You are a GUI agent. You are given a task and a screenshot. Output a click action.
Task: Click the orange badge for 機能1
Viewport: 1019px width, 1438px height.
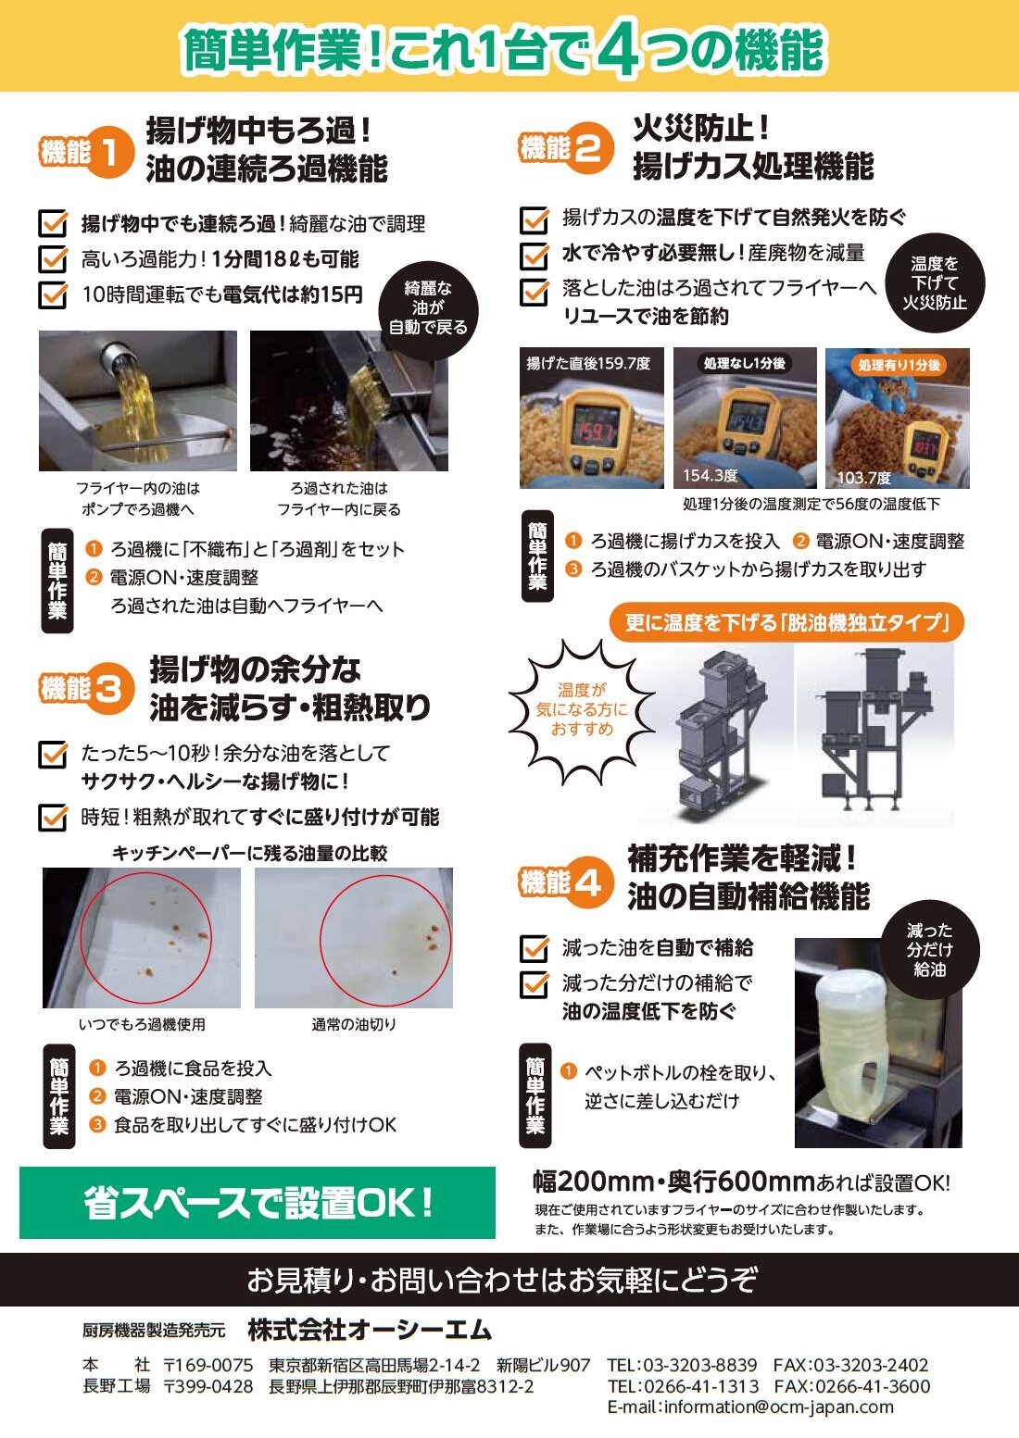pyautogui.click(x=88, y=153)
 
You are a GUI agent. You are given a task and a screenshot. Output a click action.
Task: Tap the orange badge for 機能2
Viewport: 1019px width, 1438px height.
pyautogui.click(x=567, y=148)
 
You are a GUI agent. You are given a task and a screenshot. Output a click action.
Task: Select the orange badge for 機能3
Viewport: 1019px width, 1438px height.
pyautogui.click(x=88, y=689)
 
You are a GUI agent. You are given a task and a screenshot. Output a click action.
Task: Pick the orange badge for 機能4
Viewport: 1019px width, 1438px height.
pyautogui.click(x=567, y=883)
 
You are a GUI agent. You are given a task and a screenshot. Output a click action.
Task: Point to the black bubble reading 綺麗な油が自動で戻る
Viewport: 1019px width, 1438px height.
pyautogui.click(x=428, y=308)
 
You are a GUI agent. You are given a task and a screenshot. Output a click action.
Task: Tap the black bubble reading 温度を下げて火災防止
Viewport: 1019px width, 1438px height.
pyautogui.click(x=935, y=282)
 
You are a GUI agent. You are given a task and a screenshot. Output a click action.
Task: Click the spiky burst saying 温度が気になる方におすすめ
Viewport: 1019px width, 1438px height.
pyautogui.click(x=582, y=710)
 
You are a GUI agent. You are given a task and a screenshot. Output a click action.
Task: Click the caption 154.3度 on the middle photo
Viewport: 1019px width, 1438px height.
pyautogui.click(x=711, y=476)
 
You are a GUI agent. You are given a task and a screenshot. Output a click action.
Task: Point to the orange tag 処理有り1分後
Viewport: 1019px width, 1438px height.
pyautogui.click(x=899, y=365)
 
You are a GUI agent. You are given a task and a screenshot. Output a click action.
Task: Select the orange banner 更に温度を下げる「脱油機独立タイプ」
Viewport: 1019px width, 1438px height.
pyautogui.click(x=786, y=622)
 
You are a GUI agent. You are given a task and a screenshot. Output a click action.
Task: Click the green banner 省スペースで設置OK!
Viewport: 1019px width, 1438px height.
pyautogui.click(x=258, y=1203)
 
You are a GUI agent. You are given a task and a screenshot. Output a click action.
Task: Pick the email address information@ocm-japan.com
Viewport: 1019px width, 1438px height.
pyautogui.click(x=750, y=1407)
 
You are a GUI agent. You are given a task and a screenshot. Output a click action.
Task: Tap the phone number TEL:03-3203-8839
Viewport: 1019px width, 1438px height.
pyautogui.click(x=683, y=1365)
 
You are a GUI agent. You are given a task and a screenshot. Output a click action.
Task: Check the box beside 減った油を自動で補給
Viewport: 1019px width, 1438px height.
pyautogui.click(x=535, y=949)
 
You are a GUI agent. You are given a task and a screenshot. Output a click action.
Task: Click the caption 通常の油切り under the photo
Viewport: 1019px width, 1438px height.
pyautogui.click(x=354, y=1025)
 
